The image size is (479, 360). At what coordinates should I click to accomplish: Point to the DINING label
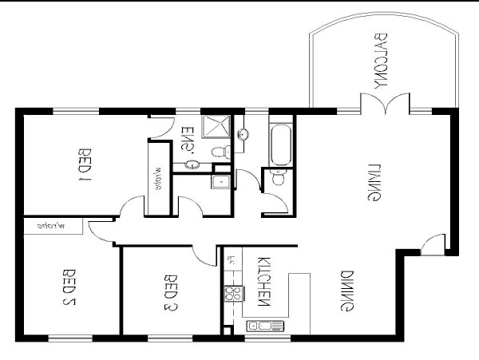click(348, 291)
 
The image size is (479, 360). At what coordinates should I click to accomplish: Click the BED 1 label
click(83, 164)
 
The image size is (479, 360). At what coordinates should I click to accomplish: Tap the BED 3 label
click(169, 292)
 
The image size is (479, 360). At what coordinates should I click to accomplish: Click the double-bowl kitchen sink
click(262, 326)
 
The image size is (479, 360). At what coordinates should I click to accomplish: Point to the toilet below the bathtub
click(277, 179)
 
